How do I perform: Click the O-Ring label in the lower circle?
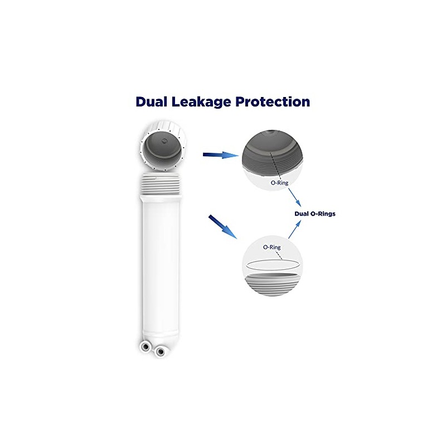click(272, 246)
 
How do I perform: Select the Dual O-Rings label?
click(315, 214)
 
